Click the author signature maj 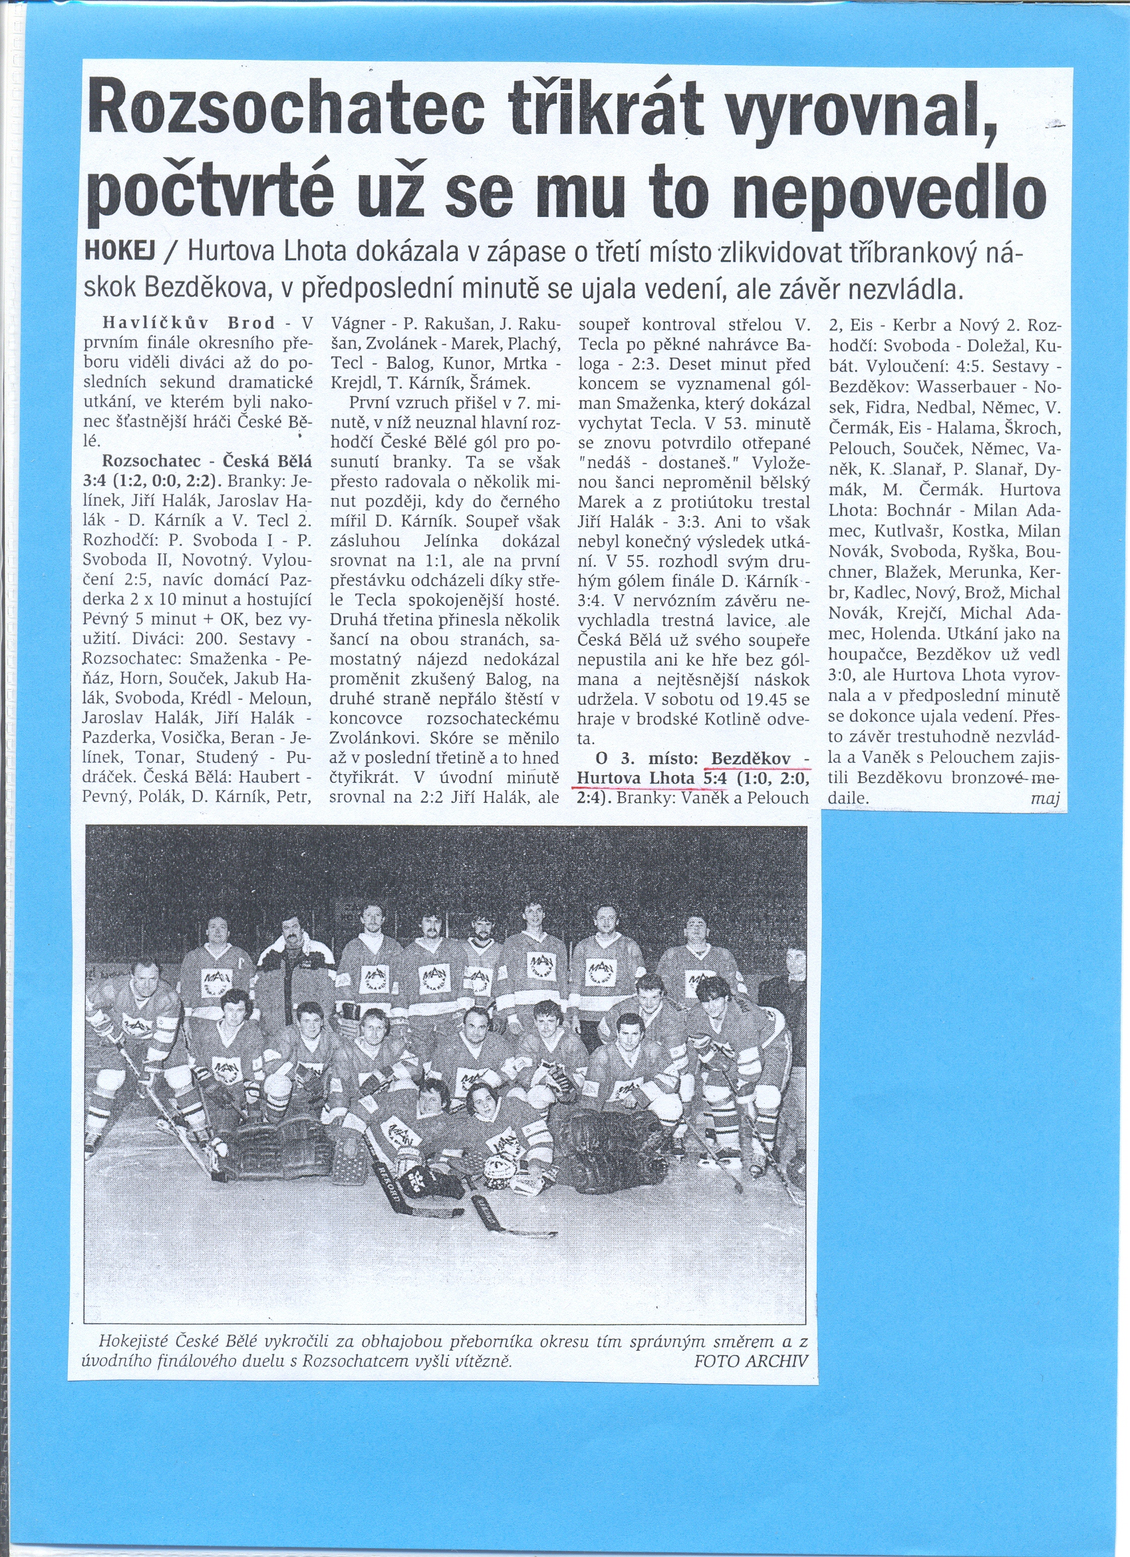(x=1044, y=799)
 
